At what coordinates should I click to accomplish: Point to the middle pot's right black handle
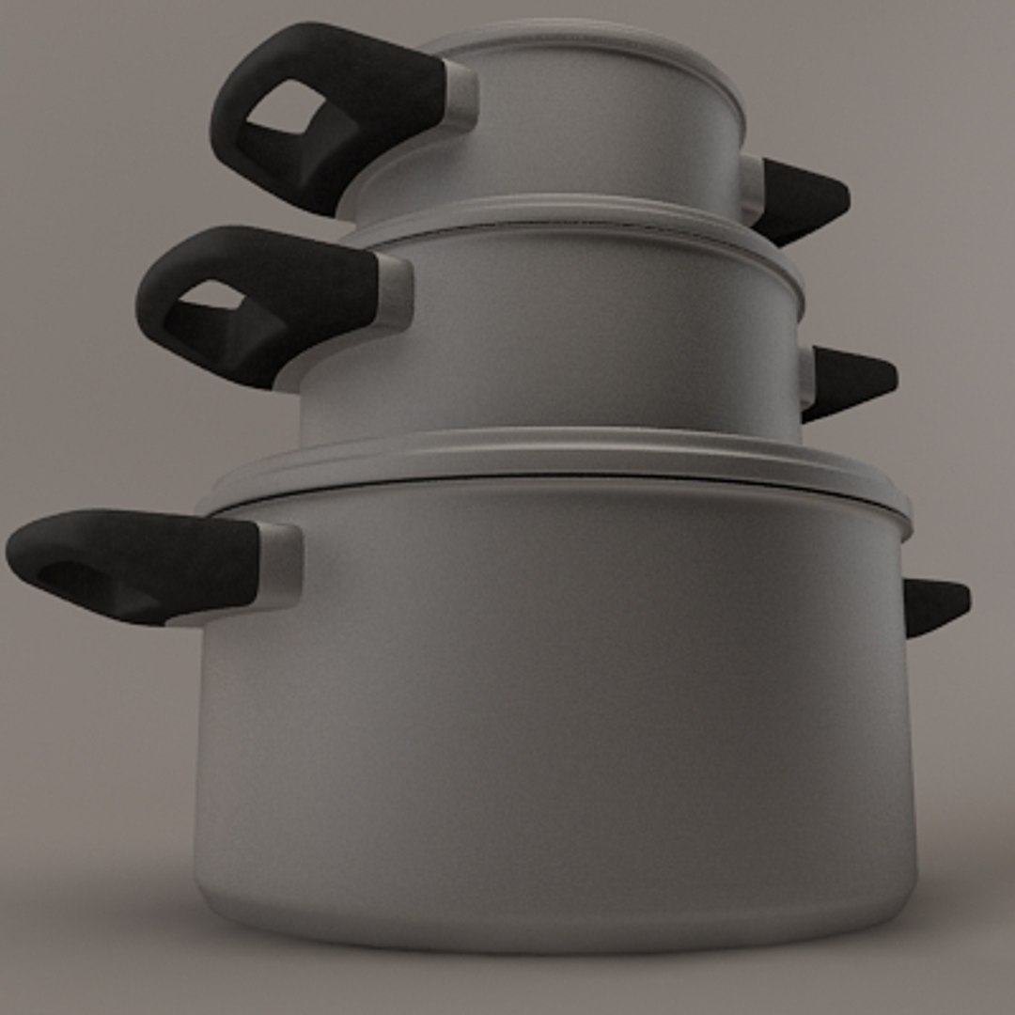click(851, 380)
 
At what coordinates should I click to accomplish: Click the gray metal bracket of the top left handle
click(461, 94)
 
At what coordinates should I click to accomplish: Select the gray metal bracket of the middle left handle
click(395, 291)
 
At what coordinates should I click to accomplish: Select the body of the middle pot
click(564, 338)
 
